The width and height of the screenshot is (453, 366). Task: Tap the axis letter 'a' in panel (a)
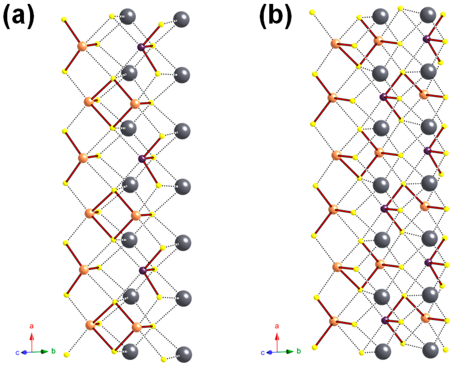click(x=31, y=326)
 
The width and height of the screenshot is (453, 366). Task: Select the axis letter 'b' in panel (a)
click(x=53, y=351)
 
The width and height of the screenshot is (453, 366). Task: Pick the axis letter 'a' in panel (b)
click(x=277, y=326)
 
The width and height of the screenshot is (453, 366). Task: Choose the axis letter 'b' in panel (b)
click(x=299, y=351)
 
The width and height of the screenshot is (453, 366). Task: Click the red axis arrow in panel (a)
click(x=31, y=341)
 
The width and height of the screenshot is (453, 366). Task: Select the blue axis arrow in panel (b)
click(x=271, y=352)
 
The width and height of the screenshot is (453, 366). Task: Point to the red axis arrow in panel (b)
click(x=277, y=341)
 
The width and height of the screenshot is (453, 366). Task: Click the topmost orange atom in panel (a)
click(x=82, y=46)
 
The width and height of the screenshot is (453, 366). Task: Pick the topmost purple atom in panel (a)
click(x=142, y=46)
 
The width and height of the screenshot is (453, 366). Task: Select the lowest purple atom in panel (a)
click(x=142, y=270)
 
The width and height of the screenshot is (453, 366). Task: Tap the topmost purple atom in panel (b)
click(x=426, y=39)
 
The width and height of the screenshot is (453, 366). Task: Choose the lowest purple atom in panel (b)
click(x=384, y=320)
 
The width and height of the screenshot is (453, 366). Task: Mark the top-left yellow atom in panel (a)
click(x=64, y=19)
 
